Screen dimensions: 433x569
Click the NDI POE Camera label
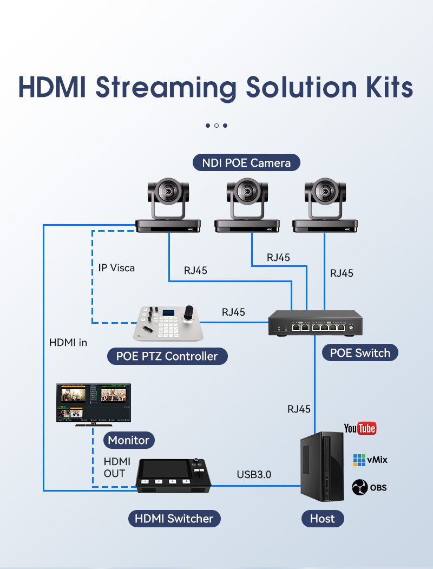pyautogui.click(x=246, y=162)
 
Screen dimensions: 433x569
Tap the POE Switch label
pyautogui.click(x=360, y=353)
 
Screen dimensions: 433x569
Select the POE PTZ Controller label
pyautogui.click(x=167, y=356)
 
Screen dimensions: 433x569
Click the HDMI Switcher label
pyautogui.click(x=174, y=518)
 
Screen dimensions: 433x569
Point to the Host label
pyautogui.click(x=323, y=518)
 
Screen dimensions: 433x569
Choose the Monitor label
pyautogui.click(x=129, y=440)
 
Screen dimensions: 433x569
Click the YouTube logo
pyautogui.click(x=360, y=428)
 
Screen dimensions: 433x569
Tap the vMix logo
pyautogui.click(x=370, y=460)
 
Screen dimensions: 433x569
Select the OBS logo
pyautogui.click(x=369, y=487)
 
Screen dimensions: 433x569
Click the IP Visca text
pyautogui.click(x=116, y=268)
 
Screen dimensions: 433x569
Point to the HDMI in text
pyautogui.click(x=68, y=342)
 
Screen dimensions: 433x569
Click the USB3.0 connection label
pyautogui.click(x=254, y=474)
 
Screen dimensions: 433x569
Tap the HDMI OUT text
pyautogui.click(x=117, y=467)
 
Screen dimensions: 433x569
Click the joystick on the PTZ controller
pyautogui.click(x=189, y=313)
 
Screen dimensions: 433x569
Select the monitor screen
pyautogui.click(x=94, y=402)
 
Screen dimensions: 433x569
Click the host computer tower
pyautogui.click(x=322, y=466)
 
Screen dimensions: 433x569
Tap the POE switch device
pyautogui.click(x=315, y=323)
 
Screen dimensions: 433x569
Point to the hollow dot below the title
pyautogui.click(x=216, y=126)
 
